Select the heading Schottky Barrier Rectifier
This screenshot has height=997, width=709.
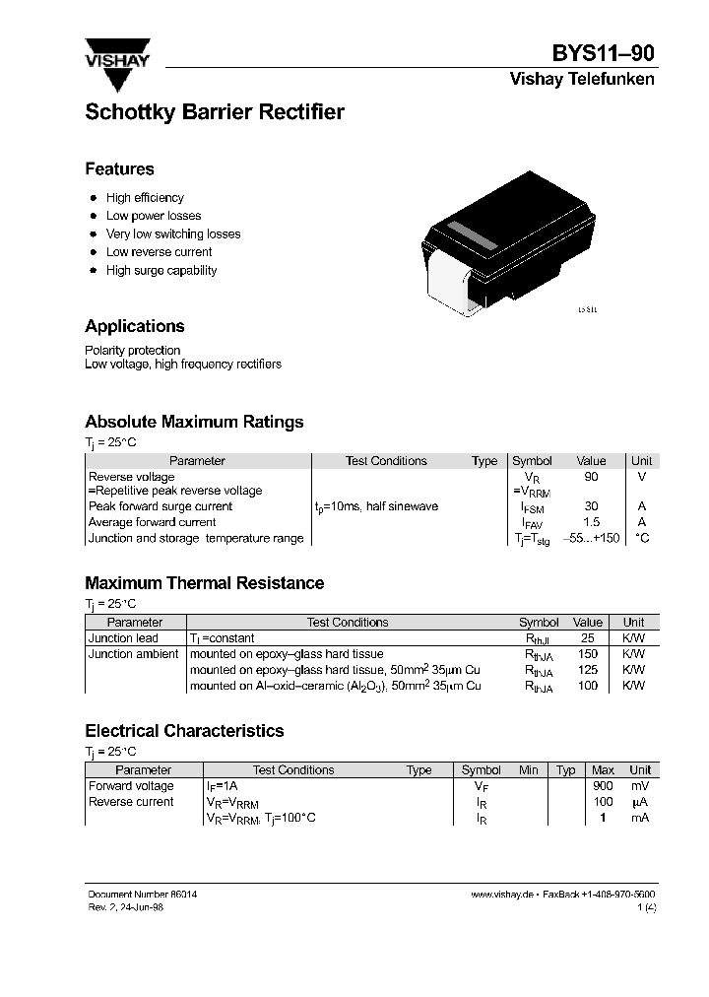tap(215, 112)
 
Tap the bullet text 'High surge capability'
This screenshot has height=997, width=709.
tap(161, 270)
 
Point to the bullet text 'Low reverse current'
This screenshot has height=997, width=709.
tap(159, 252)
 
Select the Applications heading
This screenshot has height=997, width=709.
tap(135, 326)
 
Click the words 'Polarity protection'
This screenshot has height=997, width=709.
tap(133, 350)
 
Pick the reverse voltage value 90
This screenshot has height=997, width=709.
tap(591, 477)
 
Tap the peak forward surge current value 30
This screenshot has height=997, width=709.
tap(591, 506)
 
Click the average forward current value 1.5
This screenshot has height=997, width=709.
tap(591, 522)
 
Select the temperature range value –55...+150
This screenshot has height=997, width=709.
tap(591, 538)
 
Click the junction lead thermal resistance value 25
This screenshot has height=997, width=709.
tap(588, 638)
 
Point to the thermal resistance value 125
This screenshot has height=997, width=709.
tap(588, 670)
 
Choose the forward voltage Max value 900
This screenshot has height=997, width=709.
tap(603, 786)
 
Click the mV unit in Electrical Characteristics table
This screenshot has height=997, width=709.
tap(640, 786)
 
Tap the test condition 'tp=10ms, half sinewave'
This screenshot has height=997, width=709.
tap(376, 506)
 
